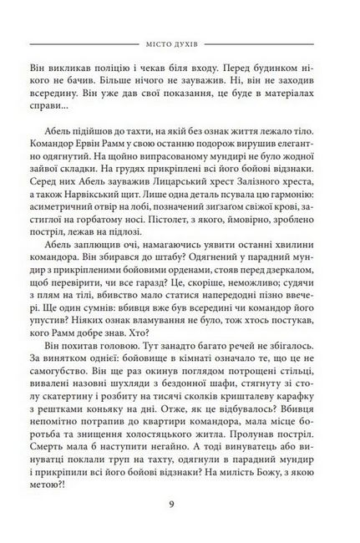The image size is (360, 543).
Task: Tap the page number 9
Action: click(180, 503)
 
